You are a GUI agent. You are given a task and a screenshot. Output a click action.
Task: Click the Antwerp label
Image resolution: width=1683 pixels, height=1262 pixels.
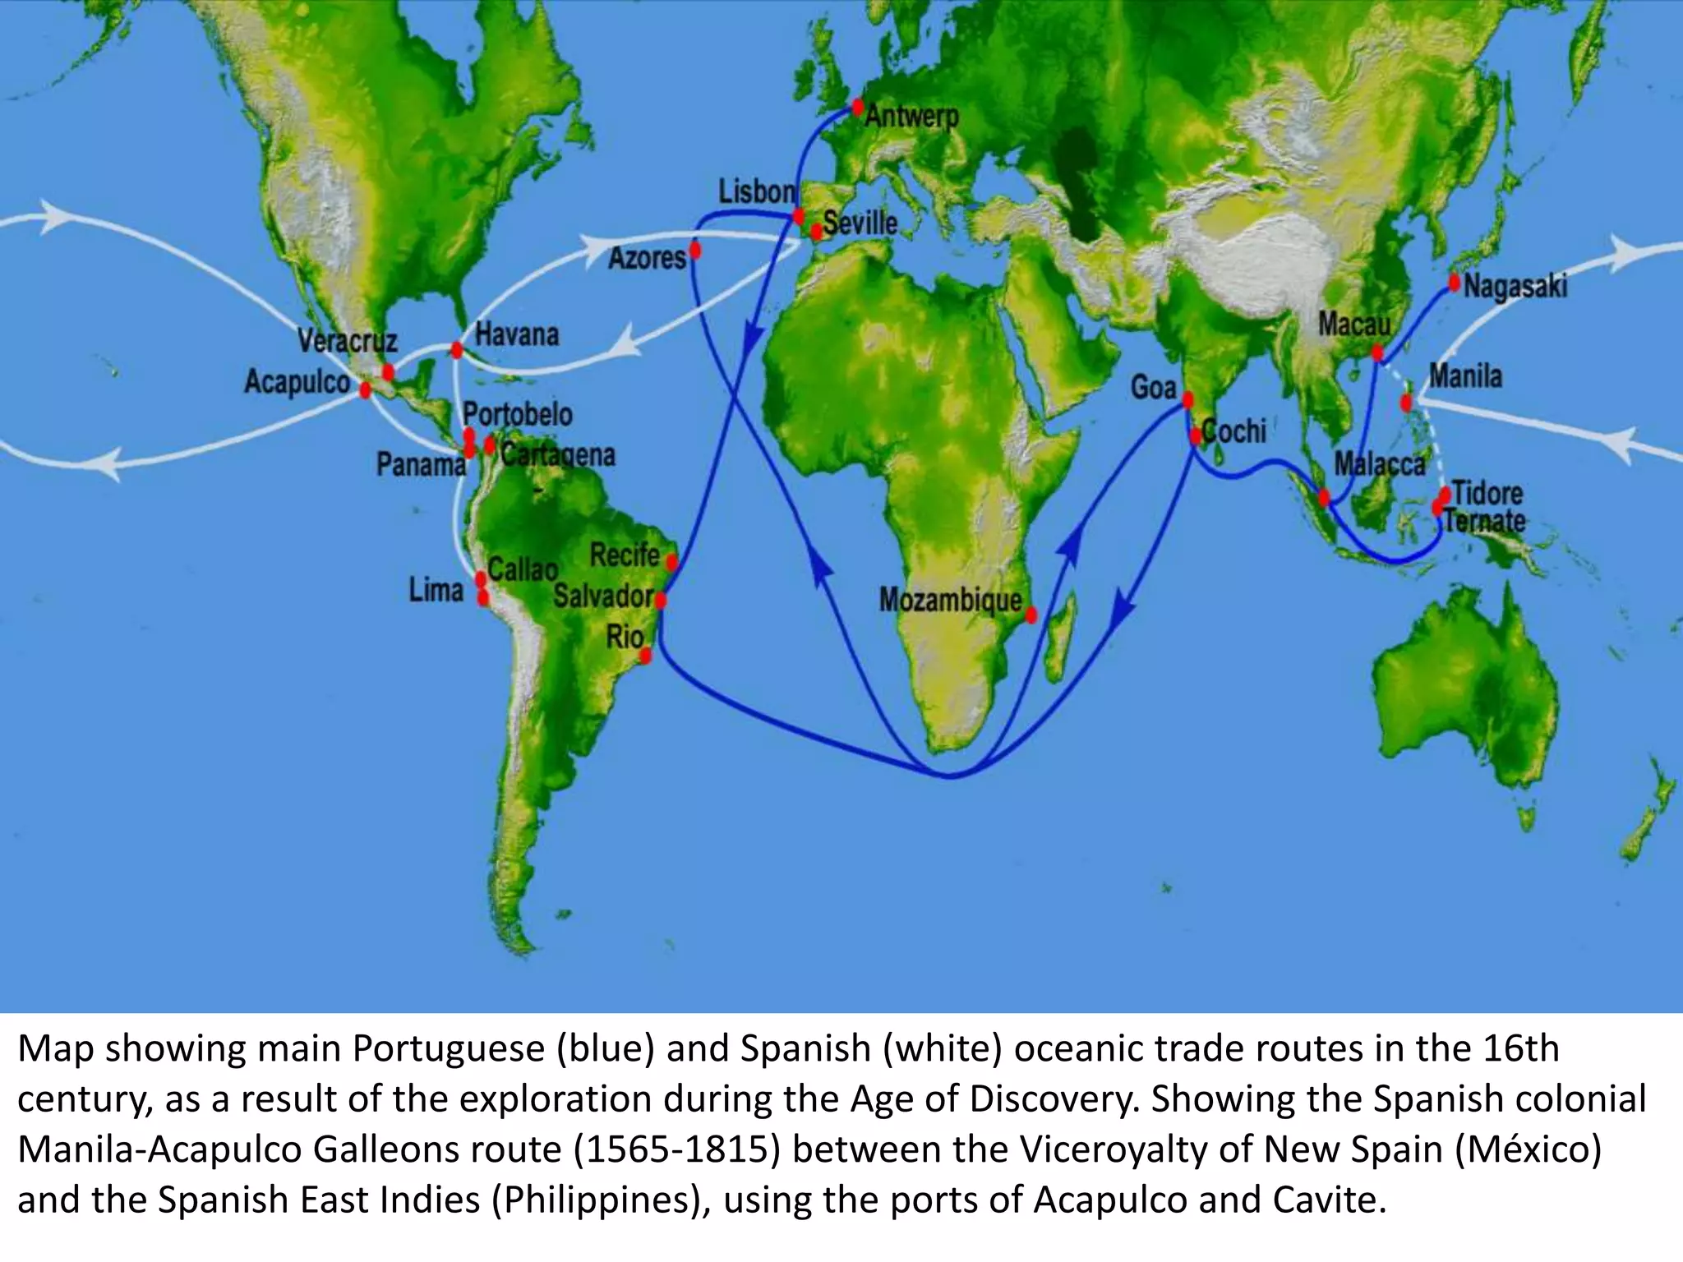[x=911, y=117]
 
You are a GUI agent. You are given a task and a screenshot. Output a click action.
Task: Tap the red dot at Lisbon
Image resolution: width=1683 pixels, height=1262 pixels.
[x=798, y=217]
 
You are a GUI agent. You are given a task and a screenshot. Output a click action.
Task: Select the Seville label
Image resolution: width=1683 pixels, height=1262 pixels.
[x=860, y=223]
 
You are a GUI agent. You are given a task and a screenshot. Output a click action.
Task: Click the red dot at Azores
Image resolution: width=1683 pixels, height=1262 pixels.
[x=695, y=250]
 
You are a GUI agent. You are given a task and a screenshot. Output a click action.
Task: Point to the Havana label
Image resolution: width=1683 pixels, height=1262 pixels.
[x=517, y=335]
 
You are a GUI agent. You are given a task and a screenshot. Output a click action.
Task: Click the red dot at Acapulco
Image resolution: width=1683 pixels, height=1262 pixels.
[x=366, y=389]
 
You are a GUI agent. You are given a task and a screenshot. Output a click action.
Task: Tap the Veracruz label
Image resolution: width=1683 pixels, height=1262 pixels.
[x=347, y=341]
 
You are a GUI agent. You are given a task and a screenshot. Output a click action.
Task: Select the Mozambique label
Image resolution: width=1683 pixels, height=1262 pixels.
[x=950, y=601]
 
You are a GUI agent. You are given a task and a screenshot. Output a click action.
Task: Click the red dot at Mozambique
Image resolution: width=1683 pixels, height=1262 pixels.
[x=1031, y=614]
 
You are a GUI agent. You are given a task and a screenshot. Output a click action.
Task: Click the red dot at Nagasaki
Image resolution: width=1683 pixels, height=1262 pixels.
[x=1455, y=283]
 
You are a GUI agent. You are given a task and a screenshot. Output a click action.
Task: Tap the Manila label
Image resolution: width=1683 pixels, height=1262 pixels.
[x=1465, y=376]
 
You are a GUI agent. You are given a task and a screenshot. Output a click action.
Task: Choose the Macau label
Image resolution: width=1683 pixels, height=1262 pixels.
[x=1354, y=325]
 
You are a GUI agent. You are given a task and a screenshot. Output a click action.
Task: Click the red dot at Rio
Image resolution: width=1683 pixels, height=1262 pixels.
[x=646, y=655]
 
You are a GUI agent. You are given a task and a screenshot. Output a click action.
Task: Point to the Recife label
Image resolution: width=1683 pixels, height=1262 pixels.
[x=625, y=555]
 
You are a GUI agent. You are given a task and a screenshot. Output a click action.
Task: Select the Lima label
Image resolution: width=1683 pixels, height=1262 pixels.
[x=436, y=590]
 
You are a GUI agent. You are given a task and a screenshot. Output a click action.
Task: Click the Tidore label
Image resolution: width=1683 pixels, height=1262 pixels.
[x=1487, y=494]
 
